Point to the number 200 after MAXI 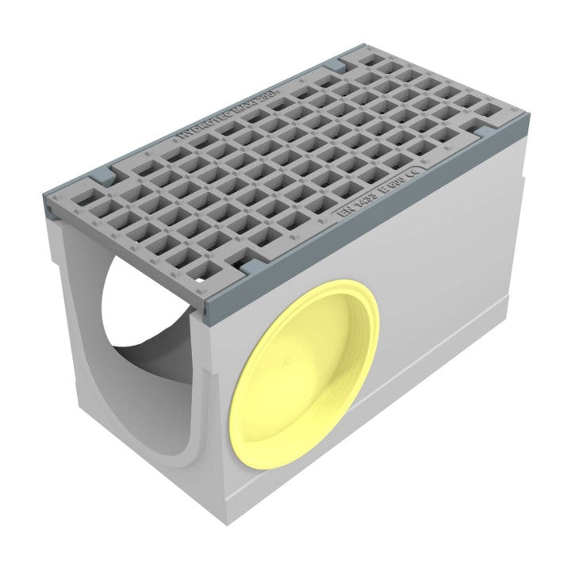[x=282, y=82]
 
